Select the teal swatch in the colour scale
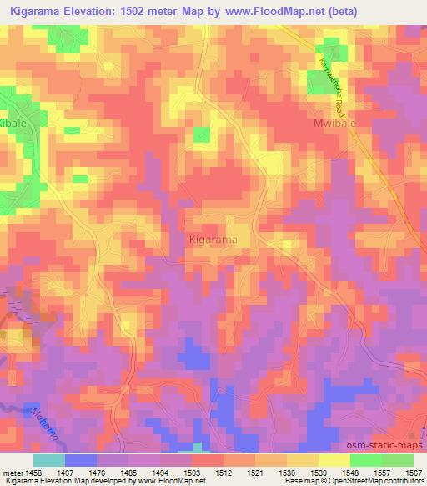coord(49,460)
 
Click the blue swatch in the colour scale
coord(80,460)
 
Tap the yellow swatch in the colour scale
coord(334,460)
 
